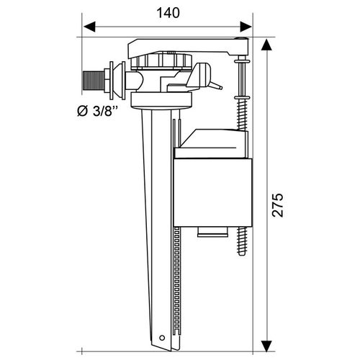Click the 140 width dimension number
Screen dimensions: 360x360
[168, 13]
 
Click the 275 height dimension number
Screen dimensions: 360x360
[278, 204]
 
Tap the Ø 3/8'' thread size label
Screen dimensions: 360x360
[98, 111]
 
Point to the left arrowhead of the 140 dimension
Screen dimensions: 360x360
[89, 27]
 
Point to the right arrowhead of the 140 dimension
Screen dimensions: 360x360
[246, 27]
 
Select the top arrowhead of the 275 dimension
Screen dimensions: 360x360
[266, 45]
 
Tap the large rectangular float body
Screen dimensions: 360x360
[213, 192]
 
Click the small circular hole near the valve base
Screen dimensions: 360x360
[162, 338]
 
